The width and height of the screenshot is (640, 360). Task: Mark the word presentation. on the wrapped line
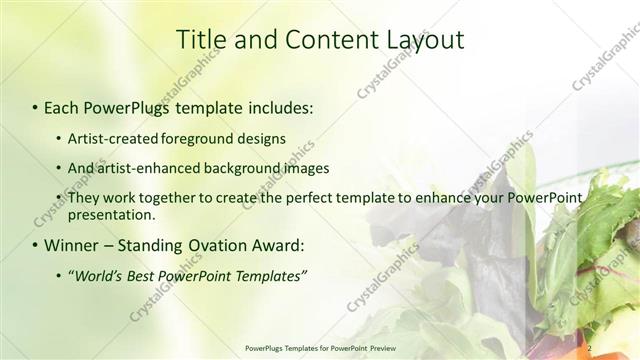111,215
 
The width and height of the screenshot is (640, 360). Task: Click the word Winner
71,245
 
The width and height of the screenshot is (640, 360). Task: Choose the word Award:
277,245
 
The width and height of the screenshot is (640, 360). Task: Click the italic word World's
96,275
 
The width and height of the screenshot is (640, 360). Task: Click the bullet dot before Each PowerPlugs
35,106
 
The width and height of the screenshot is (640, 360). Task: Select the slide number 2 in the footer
590,347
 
